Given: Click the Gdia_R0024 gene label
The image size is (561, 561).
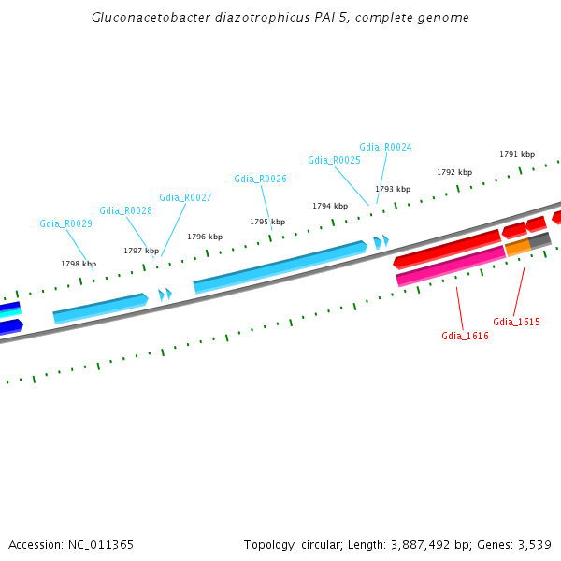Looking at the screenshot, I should (x=385, y=148).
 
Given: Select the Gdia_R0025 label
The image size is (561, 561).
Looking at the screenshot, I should (x=334, y=161).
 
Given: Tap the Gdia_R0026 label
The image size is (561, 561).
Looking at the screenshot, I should (x=260, y=179).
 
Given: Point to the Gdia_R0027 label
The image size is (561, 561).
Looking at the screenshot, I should (x=185, y=198).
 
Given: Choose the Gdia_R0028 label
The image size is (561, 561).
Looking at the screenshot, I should (x=125, y=211).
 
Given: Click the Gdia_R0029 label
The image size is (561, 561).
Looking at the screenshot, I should (x=65, y=224).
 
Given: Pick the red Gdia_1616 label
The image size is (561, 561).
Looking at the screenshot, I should (x=465, y=336).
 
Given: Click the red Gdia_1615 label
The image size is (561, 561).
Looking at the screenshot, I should (x=516, y=322).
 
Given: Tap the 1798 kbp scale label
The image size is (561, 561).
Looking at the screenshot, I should (x=79, y=265).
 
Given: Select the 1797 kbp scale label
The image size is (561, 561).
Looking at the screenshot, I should (x=141, y=251).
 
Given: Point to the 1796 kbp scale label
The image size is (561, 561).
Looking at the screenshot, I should (x=205, y=237).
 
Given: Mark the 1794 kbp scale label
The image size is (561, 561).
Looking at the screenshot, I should (x=330, y=206).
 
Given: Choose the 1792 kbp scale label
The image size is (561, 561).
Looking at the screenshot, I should (x=454, y=173).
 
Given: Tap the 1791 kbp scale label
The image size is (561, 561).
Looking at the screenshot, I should (x=517, y=155).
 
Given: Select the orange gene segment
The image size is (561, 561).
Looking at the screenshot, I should (x=517, y=248).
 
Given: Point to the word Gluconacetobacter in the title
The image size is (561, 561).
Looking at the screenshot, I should (x=138, y=18).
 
